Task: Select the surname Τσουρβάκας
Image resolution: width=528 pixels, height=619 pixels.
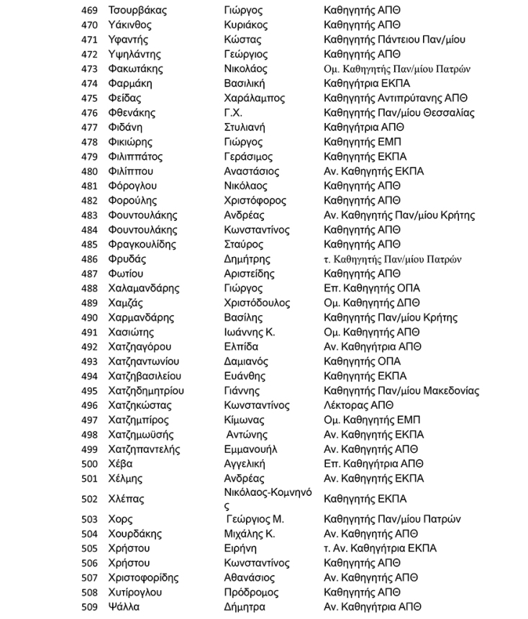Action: (137, 11)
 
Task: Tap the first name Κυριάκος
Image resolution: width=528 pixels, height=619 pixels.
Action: (246, 25)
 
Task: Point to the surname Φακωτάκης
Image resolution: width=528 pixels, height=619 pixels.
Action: (135, 69)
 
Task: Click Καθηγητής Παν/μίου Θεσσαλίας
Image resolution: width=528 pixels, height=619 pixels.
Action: (399, 113)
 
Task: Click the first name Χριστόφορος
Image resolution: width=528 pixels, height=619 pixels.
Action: (258, 201)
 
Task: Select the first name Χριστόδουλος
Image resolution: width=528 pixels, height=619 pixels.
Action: (257, 303)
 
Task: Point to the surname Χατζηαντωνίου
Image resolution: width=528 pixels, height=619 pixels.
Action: (143, 361)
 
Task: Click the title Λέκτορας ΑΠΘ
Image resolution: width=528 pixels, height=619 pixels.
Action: (358, 405)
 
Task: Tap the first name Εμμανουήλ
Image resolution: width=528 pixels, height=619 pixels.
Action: (251, 449)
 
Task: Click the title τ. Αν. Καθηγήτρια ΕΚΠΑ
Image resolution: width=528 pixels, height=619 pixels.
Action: (380, 548)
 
